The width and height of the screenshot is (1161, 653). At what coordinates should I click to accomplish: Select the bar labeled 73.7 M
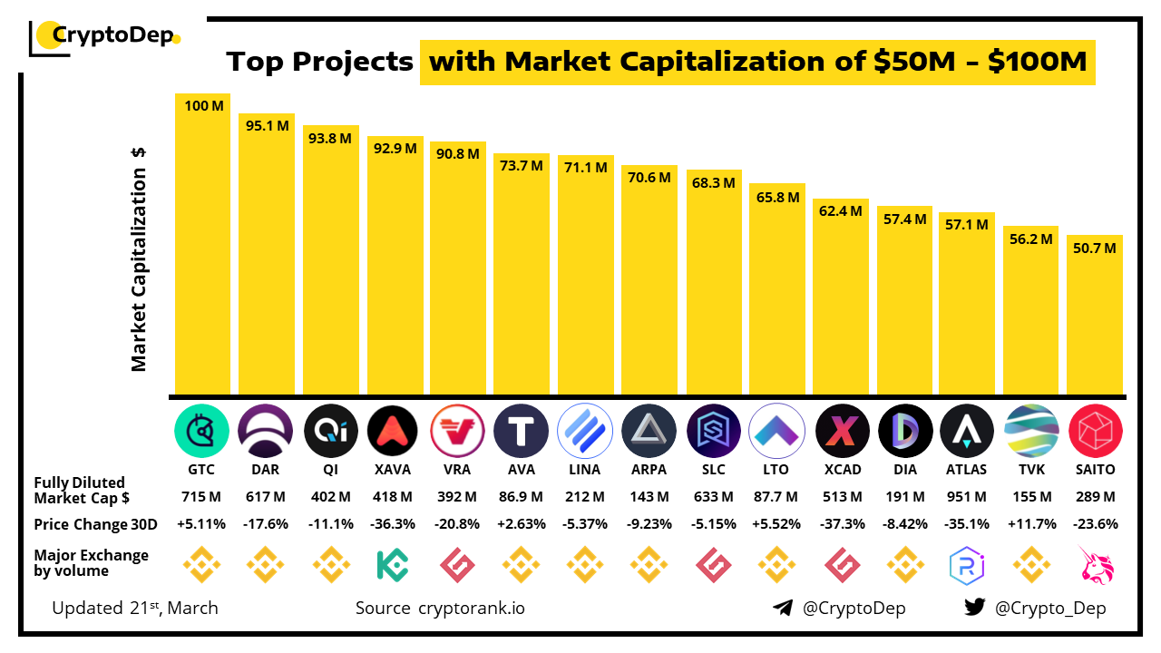(x=521, y=272)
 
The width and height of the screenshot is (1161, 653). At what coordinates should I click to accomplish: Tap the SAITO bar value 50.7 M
(x=1095, y=249)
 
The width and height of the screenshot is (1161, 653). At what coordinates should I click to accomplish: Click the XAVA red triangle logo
(x=393, y=430)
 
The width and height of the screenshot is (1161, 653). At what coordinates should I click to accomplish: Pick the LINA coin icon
(x=585, y=430)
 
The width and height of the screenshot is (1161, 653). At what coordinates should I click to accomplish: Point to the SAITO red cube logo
(x=1095, y=430)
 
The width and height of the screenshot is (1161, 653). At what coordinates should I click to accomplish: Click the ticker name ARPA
(x=649, y=470)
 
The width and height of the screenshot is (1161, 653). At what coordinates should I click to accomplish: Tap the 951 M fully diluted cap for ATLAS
(x=967, y=497)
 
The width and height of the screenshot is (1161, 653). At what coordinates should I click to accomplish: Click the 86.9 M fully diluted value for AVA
(x=521, y=497)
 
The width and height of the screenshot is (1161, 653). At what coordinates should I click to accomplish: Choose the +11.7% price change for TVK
(x=1030, y=524)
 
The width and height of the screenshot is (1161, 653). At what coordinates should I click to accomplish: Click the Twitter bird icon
(x=974, y=608)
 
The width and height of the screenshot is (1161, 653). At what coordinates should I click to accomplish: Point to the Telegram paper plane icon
(x=783, y=608)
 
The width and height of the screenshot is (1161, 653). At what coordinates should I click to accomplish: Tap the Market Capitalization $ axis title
(x=139, y=259)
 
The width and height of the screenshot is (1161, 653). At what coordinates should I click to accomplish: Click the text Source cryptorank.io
(x=440, y=608)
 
